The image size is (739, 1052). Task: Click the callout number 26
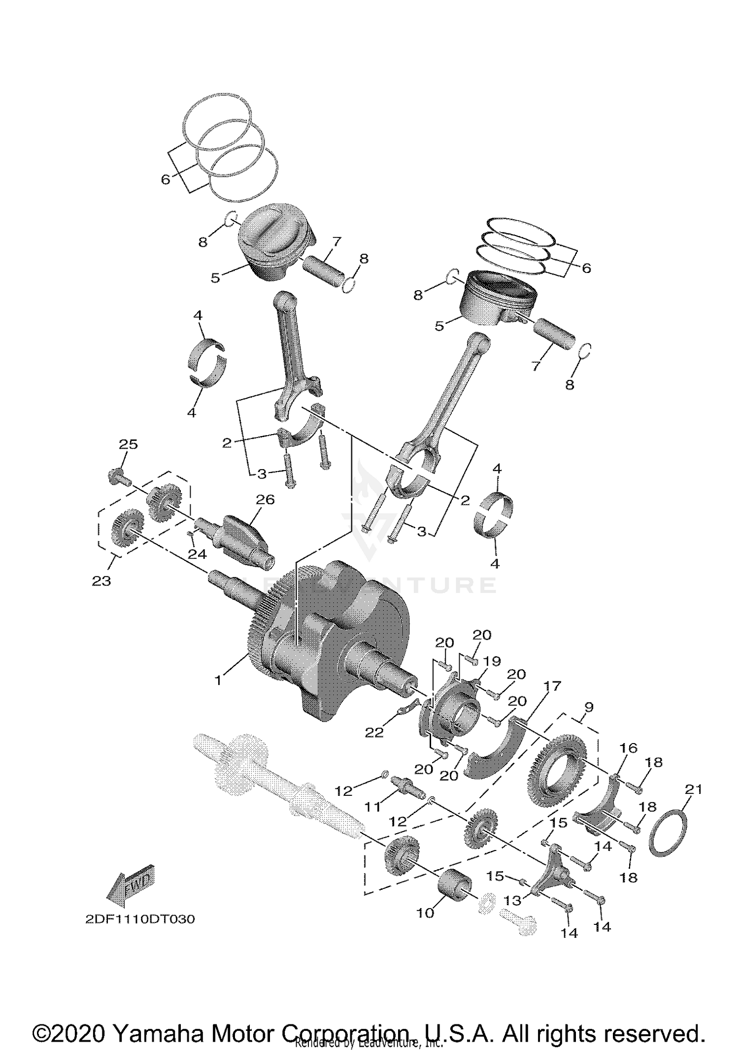265,500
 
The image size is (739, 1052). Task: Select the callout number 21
693,789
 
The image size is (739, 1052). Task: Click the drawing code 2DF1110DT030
140,919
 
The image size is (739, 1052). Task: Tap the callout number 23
101,581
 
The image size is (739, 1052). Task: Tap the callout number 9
589,707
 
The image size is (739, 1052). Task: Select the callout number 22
374,733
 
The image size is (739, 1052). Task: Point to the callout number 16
628,748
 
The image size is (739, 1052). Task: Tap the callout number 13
512,901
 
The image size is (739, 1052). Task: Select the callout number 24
197,554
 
